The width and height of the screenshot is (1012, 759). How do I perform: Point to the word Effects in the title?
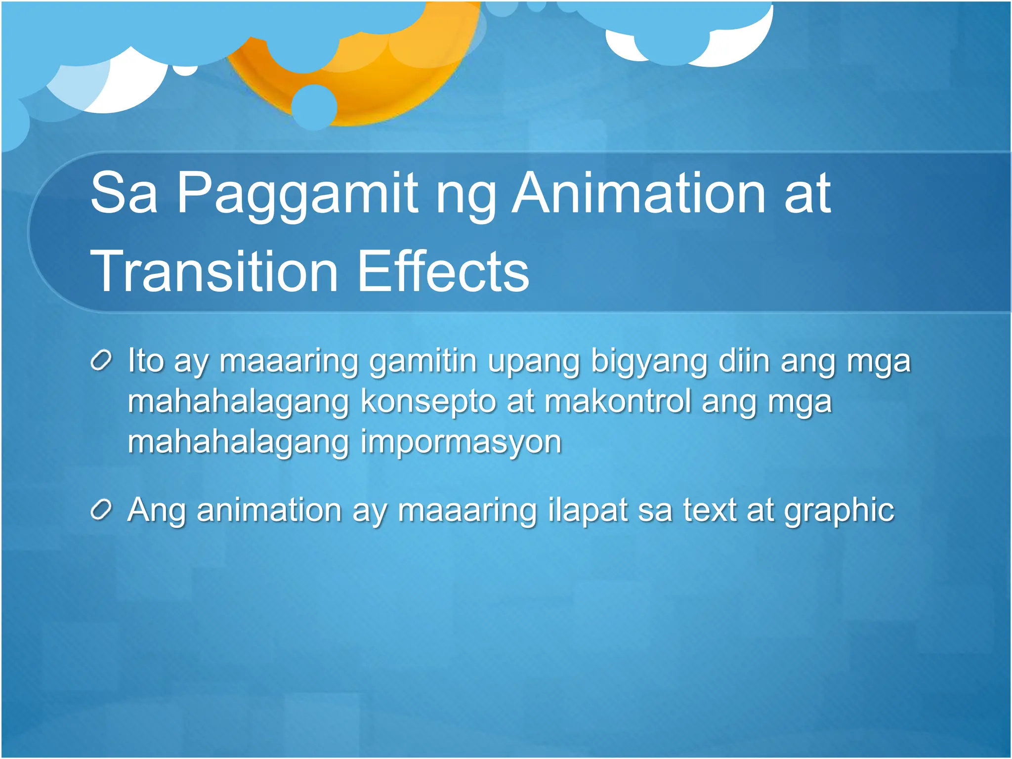click(443, 271)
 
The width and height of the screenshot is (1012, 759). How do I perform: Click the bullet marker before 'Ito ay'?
click(102, 361)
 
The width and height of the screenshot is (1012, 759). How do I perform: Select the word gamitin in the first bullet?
click(423, 361)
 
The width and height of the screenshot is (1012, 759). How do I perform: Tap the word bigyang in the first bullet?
click(649, 362)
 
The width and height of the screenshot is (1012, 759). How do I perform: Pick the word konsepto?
click(428, 402)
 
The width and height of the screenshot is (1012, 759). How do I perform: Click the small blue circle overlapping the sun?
click(314, 107)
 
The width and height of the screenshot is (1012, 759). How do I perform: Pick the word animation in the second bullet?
click(269, 510)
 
